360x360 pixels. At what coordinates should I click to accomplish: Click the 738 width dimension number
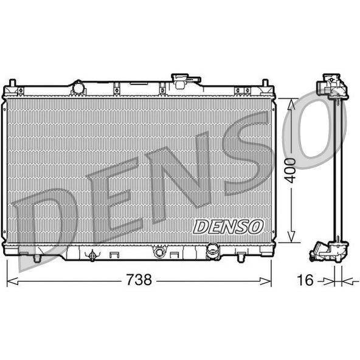click(x=139, y=279)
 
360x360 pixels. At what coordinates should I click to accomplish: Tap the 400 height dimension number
click(x=290, y=170)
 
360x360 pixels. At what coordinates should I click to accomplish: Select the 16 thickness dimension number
click(x=305, y=280)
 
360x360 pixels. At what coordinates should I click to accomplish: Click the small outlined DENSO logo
click(x=228, y=227)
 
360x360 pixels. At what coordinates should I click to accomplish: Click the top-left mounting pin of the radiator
click(x=12, y=83)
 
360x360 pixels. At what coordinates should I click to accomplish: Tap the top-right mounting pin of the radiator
click(x=265, y=83)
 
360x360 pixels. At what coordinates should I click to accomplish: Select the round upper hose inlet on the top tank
click(x=78, y=88)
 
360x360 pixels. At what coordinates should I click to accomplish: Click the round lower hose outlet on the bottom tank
click(x=213, y=251)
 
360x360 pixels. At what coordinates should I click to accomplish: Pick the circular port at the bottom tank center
click(x=159, y=252)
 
